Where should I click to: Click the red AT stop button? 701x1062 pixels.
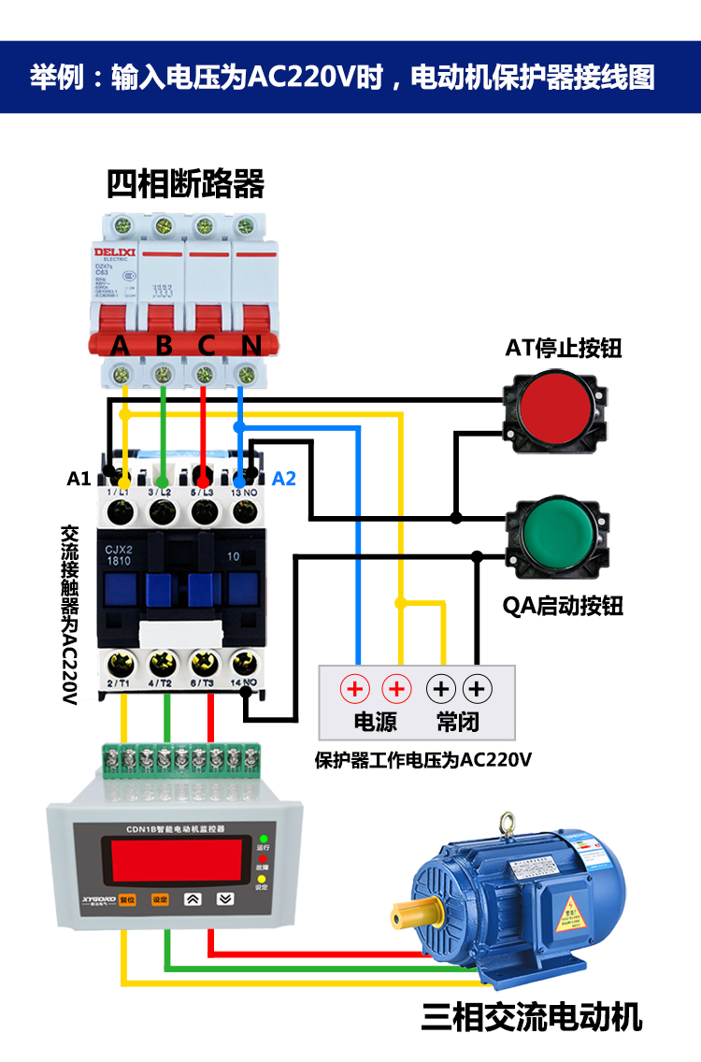click(x=554, y=404)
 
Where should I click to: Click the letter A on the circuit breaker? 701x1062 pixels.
click(x=121, y=345)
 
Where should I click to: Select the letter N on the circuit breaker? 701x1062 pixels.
click(x=250, y=345)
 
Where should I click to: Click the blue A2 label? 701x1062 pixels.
click(x=283, y=479)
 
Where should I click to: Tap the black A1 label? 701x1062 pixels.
click(x=79, y=479)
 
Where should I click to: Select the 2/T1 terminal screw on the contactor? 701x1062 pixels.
click(x=122, y=664)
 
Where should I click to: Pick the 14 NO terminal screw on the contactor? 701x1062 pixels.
click(x=245, y=664)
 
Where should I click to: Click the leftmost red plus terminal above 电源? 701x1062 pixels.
click(x=355, y=690)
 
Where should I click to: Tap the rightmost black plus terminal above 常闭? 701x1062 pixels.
click(x=477, y=690)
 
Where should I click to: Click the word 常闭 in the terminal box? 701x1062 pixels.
click(x=458, y=721)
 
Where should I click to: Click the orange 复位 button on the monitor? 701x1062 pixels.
click(x=127, y=899)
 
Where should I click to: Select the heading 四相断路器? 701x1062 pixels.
click(x=185, y=183)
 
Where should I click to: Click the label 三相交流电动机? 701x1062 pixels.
click(x=531, y=1016)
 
